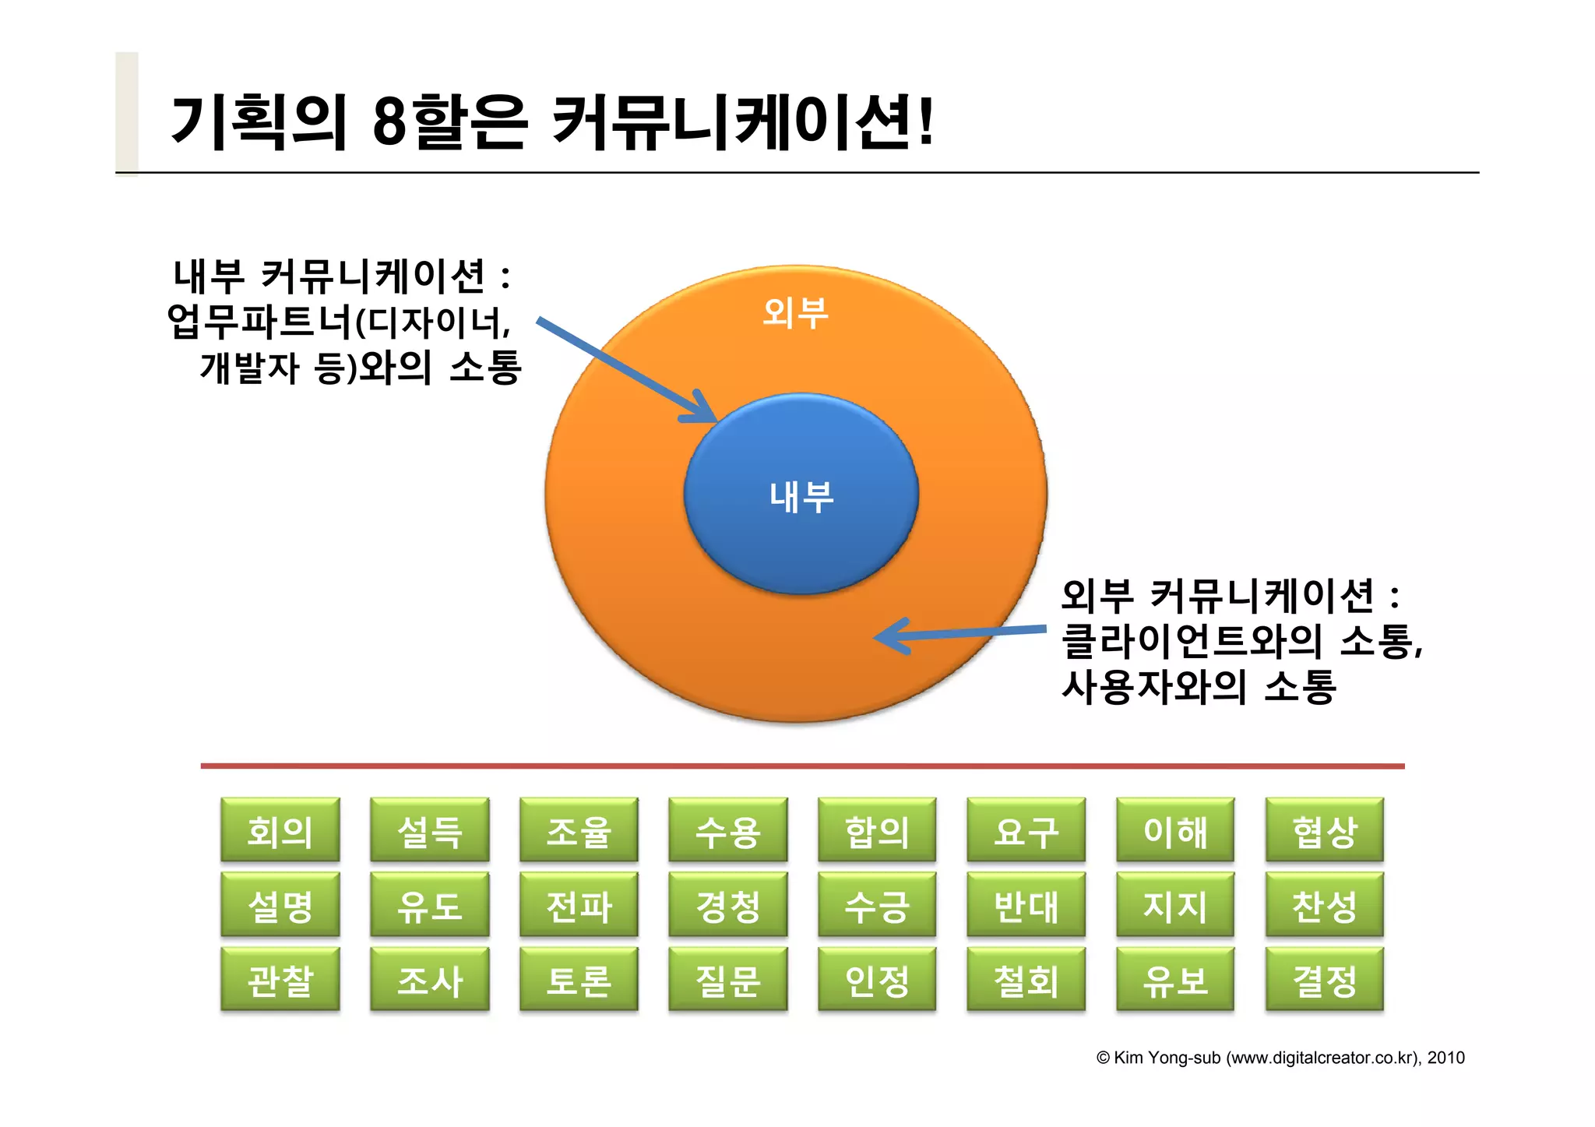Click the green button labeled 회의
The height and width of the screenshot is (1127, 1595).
pos(280,830)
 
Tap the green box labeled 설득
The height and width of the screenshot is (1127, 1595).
pos(429,830)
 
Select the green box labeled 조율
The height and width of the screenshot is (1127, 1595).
pos(579,830)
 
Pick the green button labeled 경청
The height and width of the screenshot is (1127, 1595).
pos(727,905)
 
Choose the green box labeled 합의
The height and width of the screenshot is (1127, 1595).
pos(877,830)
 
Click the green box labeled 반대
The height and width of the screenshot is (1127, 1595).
pos(1026,905)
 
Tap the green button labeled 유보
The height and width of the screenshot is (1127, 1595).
pos(1175,980)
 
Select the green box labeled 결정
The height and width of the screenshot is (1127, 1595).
pos(1324,980)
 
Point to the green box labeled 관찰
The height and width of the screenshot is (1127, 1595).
pos(280,980)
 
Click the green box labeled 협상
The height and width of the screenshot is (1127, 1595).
pos(1324,830)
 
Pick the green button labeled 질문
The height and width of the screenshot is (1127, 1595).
pos(727,980)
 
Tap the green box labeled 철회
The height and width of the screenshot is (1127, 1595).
pos(1026,980)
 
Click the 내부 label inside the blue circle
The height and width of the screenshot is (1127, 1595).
pos(801,497)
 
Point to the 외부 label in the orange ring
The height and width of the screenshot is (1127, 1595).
pos(795,313)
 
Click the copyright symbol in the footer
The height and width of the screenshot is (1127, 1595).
pos(1103,1058)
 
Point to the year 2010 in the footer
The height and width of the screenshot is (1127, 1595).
pos(1445,1058)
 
